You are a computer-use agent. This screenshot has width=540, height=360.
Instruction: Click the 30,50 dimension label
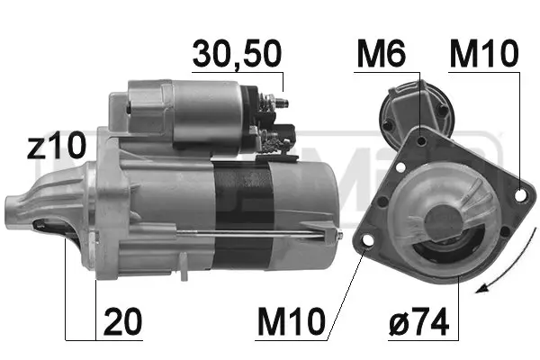pyautogui.click(x=238, y=54)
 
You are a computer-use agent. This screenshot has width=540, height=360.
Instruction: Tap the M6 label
pyautogui.click(x=381, y=54)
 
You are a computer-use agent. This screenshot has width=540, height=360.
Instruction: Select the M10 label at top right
pyautogui.click(x=484, y=54)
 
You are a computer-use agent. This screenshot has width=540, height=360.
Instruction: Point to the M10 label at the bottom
pyautogui.click(x=292, y=321)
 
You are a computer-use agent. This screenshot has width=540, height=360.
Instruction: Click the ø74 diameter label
pyautogui.click(x=419, y=321)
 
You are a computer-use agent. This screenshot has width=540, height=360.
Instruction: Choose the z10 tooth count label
pyautogui.click(x=56, y=146)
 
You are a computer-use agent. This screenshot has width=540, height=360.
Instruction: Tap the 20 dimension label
pyautogui.click(x=122, y=321)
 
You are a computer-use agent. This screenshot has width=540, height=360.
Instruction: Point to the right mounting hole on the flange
pyautogui.click(x=521, y=195)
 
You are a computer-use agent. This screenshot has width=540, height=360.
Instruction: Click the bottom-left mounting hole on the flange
pyautogui.click(x=368, y=240)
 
